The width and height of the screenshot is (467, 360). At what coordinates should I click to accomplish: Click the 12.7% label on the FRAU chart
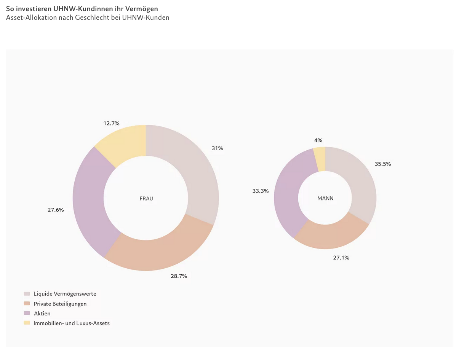111,123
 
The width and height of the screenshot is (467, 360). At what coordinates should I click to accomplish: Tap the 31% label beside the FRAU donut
218,148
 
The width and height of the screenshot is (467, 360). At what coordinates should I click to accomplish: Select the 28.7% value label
179,276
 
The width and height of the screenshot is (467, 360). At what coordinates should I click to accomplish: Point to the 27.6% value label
56,210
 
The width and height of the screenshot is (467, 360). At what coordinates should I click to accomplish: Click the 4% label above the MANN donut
318,140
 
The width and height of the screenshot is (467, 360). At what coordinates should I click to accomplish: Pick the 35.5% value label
383,164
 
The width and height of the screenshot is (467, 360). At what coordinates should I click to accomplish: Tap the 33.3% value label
261,191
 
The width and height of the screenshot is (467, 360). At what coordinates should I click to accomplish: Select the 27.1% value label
341,258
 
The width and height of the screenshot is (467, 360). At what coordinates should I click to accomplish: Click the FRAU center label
146,199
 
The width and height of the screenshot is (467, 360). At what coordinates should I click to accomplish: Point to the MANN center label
325,198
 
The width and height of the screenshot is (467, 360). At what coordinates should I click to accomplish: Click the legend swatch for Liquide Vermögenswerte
27,294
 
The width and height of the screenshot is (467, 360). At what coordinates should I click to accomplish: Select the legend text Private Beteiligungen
60,304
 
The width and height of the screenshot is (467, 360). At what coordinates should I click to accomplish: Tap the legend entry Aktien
42,314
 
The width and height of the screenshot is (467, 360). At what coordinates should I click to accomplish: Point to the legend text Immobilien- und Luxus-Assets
72,323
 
